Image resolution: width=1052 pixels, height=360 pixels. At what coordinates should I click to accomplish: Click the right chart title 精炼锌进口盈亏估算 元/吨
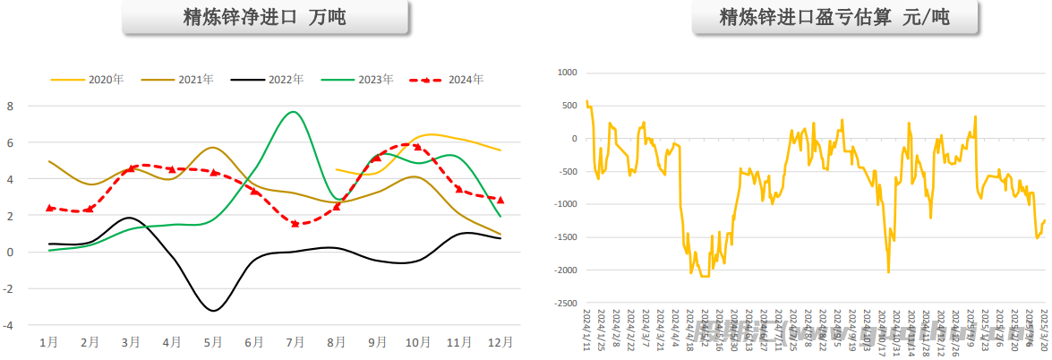tap(834, 18)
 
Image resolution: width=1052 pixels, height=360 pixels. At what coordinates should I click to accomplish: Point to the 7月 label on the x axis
tap(295, 342)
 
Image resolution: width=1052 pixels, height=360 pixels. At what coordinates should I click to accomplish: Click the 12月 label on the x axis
tap(500, 342)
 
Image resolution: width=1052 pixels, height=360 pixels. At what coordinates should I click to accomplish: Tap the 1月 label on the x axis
tap(49, 342)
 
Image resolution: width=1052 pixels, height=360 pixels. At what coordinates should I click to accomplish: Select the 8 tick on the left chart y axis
tap(10, 107)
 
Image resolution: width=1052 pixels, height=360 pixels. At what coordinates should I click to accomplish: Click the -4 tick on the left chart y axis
tap(8, 326)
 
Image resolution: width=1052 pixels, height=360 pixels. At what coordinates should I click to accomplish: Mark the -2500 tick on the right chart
tap(563, 304)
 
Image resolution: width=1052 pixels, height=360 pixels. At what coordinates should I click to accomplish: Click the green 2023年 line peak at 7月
tap(293, 112)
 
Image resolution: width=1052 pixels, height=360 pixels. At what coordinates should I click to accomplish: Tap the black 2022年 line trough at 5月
tap(212, 310)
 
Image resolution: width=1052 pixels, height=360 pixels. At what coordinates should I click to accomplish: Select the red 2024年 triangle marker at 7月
tap(295, 223)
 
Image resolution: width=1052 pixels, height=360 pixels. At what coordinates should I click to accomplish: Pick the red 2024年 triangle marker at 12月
tap(500, 200)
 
